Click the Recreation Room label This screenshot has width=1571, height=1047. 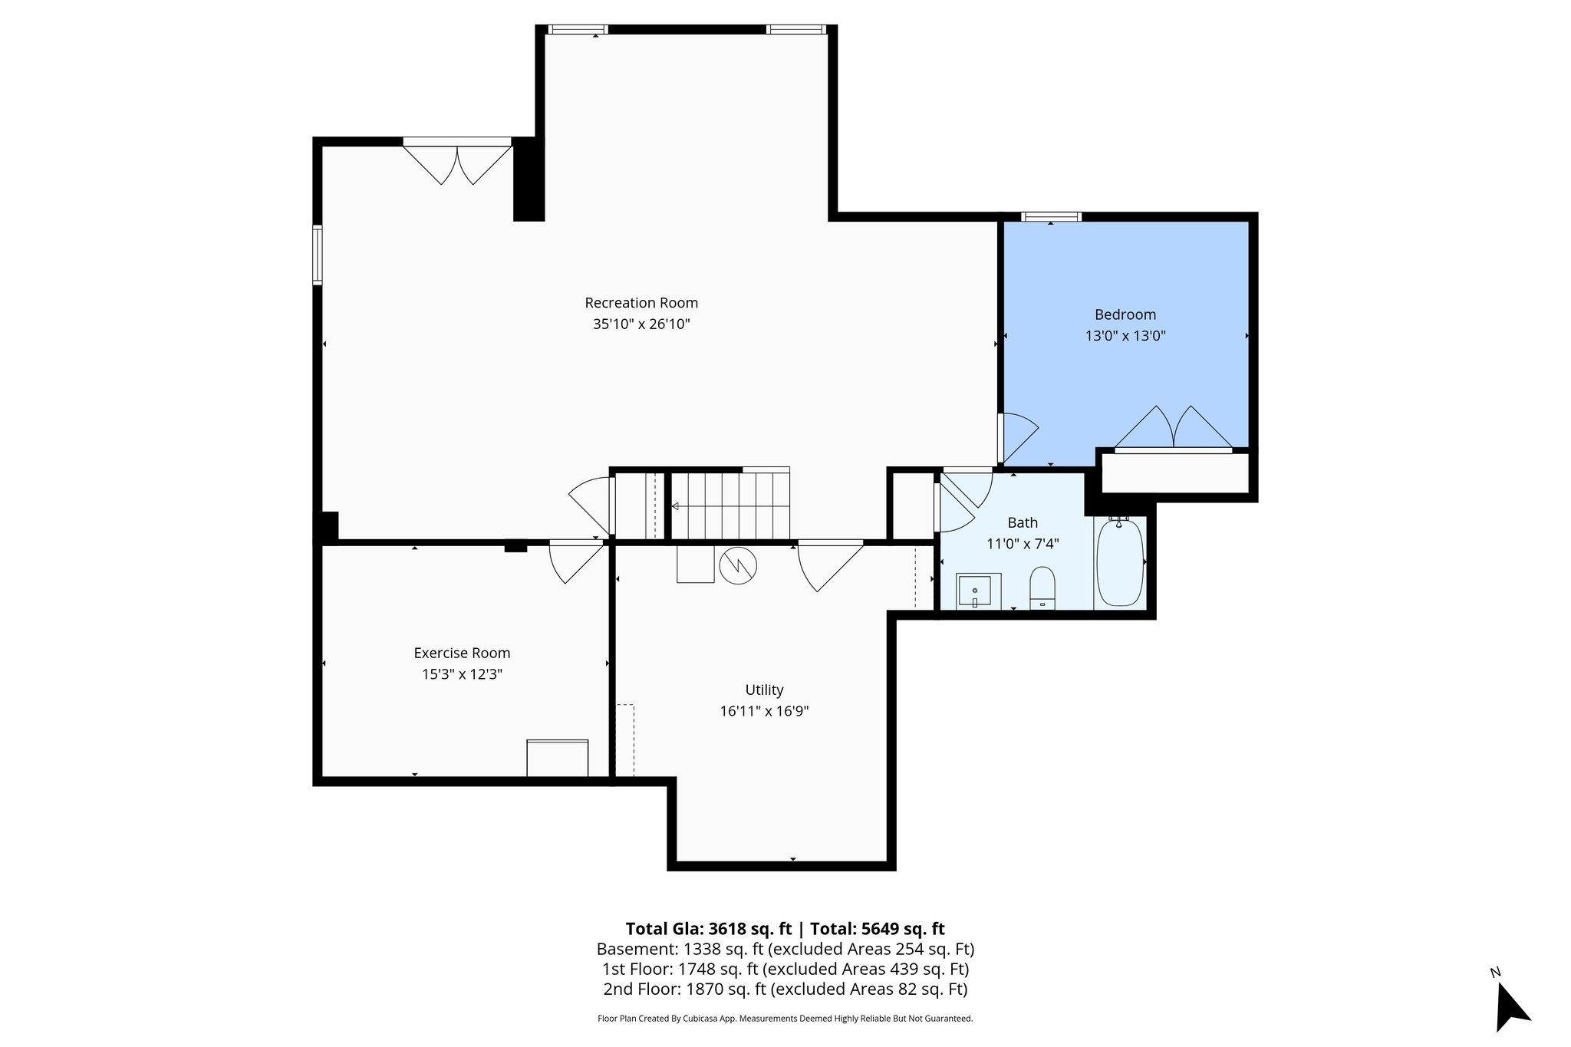[641, 303]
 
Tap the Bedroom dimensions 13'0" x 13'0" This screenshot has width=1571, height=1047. [1125, 336]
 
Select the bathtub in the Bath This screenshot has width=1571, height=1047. [1120, 562]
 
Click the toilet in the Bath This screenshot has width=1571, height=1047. [1042, 588]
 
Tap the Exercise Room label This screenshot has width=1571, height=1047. [462, 654]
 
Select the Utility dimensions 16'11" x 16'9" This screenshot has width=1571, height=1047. [764, 711]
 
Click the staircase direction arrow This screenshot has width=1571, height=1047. [676, 506]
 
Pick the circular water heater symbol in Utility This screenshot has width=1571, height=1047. [738, 566]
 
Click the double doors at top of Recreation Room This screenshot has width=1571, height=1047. [457, 163]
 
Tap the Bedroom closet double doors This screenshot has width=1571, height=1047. [1173, 428]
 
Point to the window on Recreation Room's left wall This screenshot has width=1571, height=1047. [317, 255]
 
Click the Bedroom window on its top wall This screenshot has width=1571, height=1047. [1051, 217]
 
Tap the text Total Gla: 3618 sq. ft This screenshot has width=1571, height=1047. [708, 929]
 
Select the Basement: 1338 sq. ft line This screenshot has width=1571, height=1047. [785, 949]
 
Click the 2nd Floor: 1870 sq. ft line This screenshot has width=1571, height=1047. [785, 989]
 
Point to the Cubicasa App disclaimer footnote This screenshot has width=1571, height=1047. [785, 1019]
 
